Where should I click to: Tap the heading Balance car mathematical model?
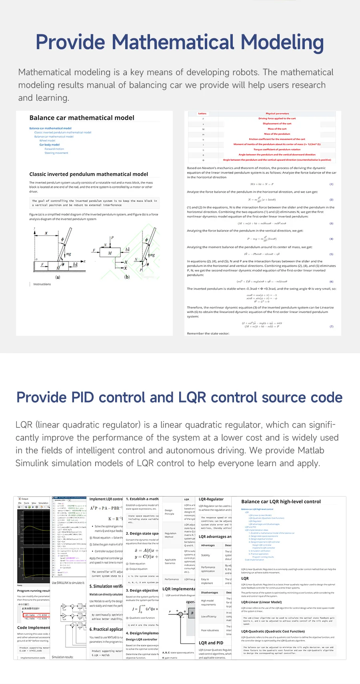[x=82, y=118]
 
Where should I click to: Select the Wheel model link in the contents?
[x=47, y=141]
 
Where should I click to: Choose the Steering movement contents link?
[x=56, y=153]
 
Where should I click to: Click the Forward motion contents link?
[x=54, y=149]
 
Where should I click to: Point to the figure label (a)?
[x=58, y=277]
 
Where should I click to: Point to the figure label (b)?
[x=127, y=277]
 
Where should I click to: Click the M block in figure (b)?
[x=110, y=253]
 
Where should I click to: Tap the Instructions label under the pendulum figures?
[x=42, y=284]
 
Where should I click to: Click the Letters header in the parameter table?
[x=202, y=114]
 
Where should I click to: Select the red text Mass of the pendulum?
[x=277, y=134]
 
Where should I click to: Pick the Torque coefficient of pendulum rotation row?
[x=277, y=150]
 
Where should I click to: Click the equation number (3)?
[x=331, y=223]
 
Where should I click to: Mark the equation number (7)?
[x=331, y=327]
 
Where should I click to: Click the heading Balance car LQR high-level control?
[x=281, y=502]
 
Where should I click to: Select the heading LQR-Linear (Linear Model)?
[x=261, y=602]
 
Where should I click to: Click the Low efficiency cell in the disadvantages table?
[x=208, y=616]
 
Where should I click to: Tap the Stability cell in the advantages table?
[x=206, y=555]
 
